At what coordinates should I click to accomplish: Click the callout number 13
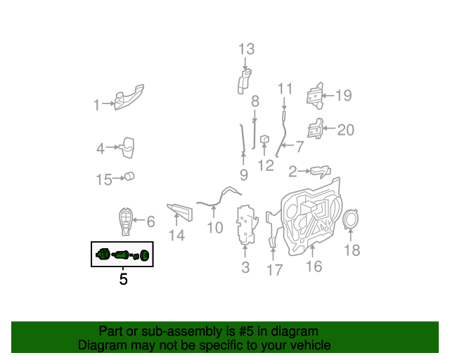[x=246, y=49]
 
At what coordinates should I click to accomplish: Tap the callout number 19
[x=342, y=96]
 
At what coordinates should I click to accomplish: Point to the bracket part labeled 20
[x=315, y=130]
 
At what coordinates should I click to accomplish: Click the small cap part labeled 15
[x=130, y=176]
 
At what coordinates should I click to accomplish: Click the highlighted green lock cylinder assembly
[x=122, y=255]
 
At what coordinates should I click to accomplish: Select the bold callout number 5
[x=123, y=279]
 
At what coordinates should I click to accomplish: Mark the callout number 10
[x=214, y=227]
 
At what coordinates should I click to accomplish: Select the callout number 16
[x=314, y=266]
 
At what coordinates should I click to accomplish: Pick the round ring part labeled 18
[x=350, y=219]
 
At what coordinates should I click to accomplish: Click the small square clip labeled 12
[x=266, y=139]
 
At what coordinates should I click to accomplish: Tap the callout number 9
[x=243, y=174]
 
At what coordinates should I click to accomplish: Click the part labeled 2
[x=320, y=170]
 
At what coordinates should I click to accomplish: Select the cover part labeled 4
[x=126, y=147]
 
